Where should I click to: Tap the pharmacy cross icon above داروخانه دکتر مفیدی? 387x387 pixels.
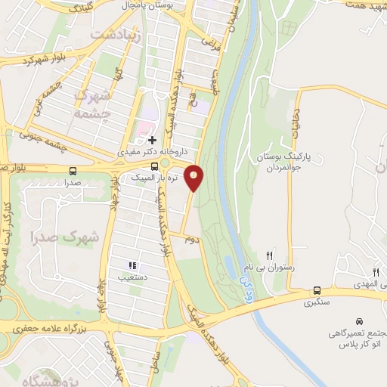152,140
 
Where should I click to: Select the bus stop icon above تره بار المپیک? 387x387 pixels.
154,166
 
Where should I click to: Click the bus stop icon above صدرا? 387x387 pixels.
73,171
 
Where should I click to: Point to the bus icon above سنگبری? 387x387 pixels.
316,289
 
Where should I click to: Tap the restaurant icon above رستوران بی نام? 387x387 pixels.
269,255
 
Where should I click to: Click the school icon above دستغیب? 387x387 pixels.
132,265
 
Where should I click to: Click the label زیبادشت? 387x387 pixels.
116,34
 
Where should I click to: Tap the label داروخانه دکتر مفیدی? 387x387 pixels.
147,152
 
